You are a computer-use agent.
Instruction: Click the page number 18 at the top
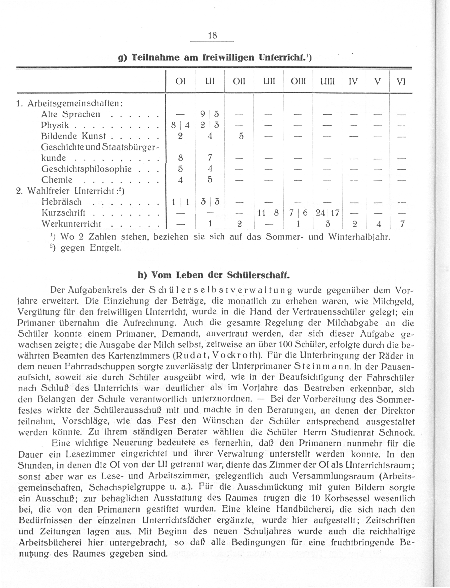tap(212, 35)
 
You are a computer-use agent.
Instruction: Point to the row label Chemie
tap(57, 180)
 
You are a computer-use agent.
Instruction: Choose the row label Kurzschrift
tap(64, 213)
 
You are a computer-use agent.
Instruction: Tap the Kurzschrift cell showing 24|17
tap(327, 213)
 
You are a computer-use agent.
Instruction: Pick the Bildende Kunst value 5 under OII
tap(241, 136)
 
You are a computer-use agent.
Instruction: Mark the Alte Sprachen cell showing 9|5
tap(210, 114)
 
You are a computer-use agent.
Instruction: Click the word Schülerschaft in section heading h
tap(258, 275)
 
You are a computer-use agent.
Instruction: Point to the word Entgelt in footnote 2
tap(105, 248)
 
